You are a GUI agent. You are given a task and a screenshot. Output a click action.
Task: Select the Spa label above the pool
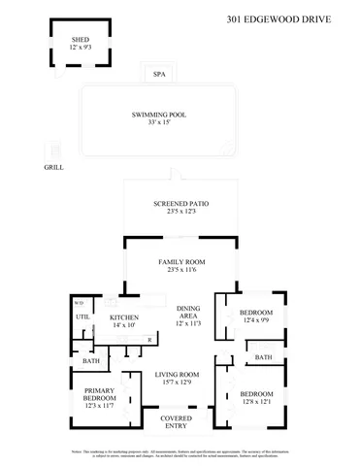pos(159,74)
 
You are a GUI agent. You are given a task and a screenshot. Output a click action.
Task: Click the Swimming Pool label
pos(159,115)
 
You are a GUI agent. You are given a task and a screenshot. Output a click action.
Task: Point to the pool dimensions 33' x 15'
pos(159,122)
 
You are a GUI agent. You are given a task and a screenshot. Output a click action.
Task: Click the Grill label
pos(54,167)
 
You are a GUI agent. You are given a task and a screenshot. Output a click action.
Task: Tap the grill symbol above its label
pos(53,149)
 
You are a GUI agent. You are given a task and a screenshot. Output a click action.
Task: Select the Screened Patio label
pos(181,204)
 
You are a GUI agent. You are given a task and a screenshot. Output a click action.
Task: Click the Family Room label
pos(181,263)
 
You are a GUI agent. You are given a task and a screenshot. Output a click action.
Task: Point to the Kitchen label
pos(125,317)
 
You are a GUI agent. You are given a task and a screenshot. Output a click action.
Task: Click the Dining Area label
pos(188,313)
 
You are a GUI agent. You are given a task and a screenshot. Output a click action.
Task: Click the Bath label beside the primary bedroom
pos(90,361)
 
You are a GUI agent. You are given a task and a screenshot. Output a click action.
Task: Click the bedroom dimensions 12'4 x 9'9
pos(256,319)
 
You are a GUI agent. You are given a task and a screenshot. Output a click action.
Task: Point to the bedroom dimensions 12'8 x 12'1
pos(256,401)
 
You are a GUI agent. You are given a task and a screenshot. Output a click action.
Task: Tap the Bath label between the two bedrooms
pos(263,357)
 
